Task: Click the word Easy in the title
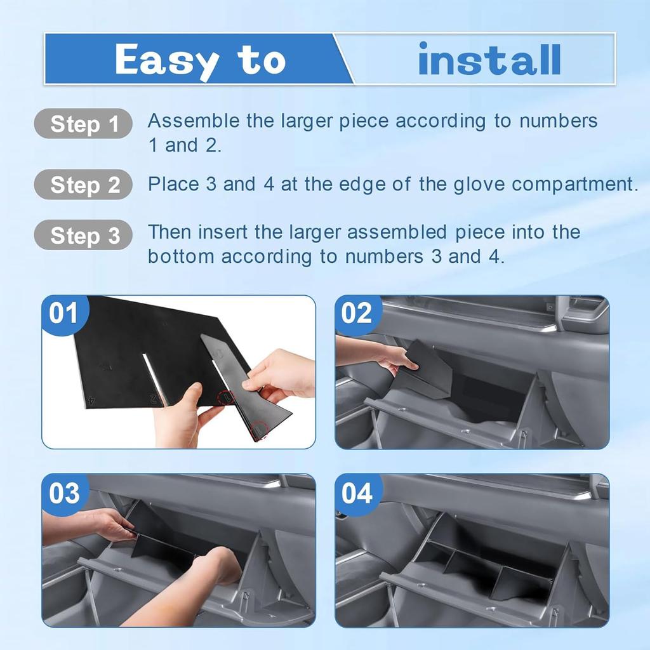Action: pyautogui.click(x=166, y=61)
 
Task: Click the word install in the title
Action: pyautogui.click(x=489, y=60)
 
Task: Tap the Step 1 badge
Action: pyautogui.click(x=84, y=124)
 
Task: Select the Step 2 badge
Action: pyautogui.click(x=84, y=185)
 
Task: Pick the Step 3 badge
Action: pyautogui.click(x=84, y=235)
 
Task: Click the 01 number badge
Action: pyautogui.click(x=63, y=314)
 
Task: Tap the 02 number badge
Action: pyautogui.click(x=356, y=314)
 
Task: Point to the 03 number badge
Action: pyautogui.click(x=63, y=493)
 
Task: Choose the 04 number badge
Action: pyautogui.click(x=356, y=493)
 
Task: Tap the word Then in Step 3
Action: pyautogui.click(x=170, y=232)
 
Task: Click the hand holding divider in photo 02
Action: pyautogui.click(x=390, y=357)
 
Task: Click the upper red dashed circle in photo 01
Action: pyautogui.click(x=227, y=399)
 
